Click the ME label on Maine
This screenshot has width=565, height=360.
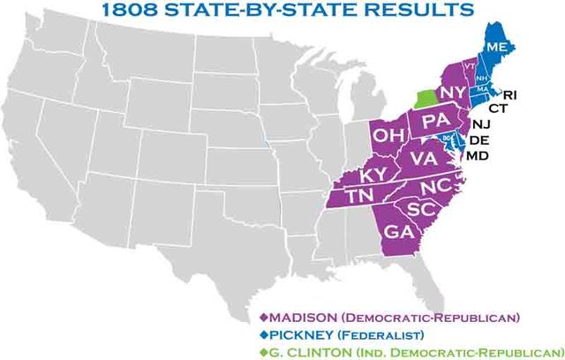pyautogui.click(x=496, y=46)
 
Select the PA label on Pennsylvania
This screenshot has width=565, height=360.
pyautogui.click(x=435, y=121)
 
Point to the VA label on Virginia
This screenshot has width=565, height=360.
pyautogui.click(x=424, y=159)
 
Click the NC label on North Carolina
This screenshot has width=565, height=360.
pyautogui.click(x=433, y=187)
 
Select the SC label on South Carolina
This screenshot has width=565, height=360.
pyautogui.click(x=422, y=211)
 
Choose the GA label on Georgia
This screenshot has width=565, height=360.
pyautogui.click(x=398, y=231)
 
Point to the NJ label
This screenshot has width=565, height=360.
pyautogui.click(x=481, y=124)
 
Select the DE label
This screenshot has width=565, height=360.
pyautogui.click(x=478, y=139)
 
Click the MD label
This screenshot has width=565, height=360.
pyautogui.click(x=477, y=155)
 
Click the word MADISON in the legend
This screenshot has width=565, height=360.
pyautogui.click(x=300, y=317)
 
